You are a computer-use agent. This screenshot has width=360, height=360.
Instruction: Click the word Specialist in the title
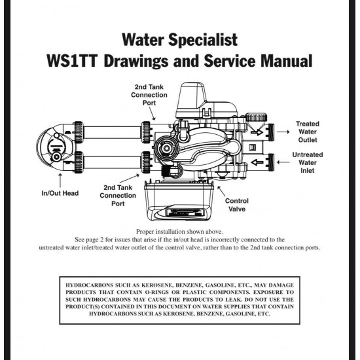point(203,40)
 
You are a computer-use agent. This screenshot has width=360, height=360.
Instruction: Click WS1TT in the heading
point(72,61)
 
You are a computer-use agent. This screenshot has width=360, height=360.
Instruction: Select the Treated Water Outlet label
point(308,132)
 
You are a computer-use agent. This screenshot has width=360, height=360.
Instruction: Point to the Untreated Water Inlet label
point(308,162)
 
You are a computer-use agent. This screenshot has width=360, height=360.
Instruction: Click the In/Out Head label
point(60,193)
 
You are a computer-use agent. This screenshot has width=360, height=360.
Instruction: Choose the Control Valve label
point(237,205)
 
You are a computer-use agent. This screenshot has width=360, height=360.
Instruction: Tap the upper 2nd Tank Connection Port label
point(149,95)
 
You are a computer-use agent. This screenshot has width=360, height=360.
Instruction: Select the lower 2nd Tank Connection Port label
point(118,196)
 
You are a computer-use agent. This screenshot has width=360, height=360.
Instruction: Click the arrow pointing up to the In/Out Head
point(60,180)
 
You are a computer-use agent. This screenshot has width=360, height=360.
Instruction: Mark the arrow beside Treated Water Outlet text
point(283,132)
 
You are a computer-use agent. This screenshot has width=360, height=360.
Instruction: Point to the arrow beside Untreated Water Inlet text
point(283,162)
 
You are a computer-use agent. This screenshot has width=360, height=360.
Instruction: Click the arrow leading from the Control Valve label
point(221,191)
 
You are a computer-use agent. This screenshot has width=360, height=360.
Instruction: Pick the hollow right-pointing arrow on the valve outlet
point(257,132)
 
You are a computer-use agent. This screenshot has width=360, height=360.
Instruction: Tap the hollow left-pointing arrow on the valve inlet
point(257,162)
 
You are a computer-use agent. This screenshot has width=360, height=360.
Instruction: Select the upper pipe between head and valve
point(113,132)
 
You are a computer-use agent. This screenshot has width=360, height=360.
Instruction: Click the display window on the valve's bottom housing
point(185,213)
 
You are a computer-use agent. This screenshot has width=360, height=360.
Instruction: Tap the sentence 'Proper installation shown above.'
point(179,232)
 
